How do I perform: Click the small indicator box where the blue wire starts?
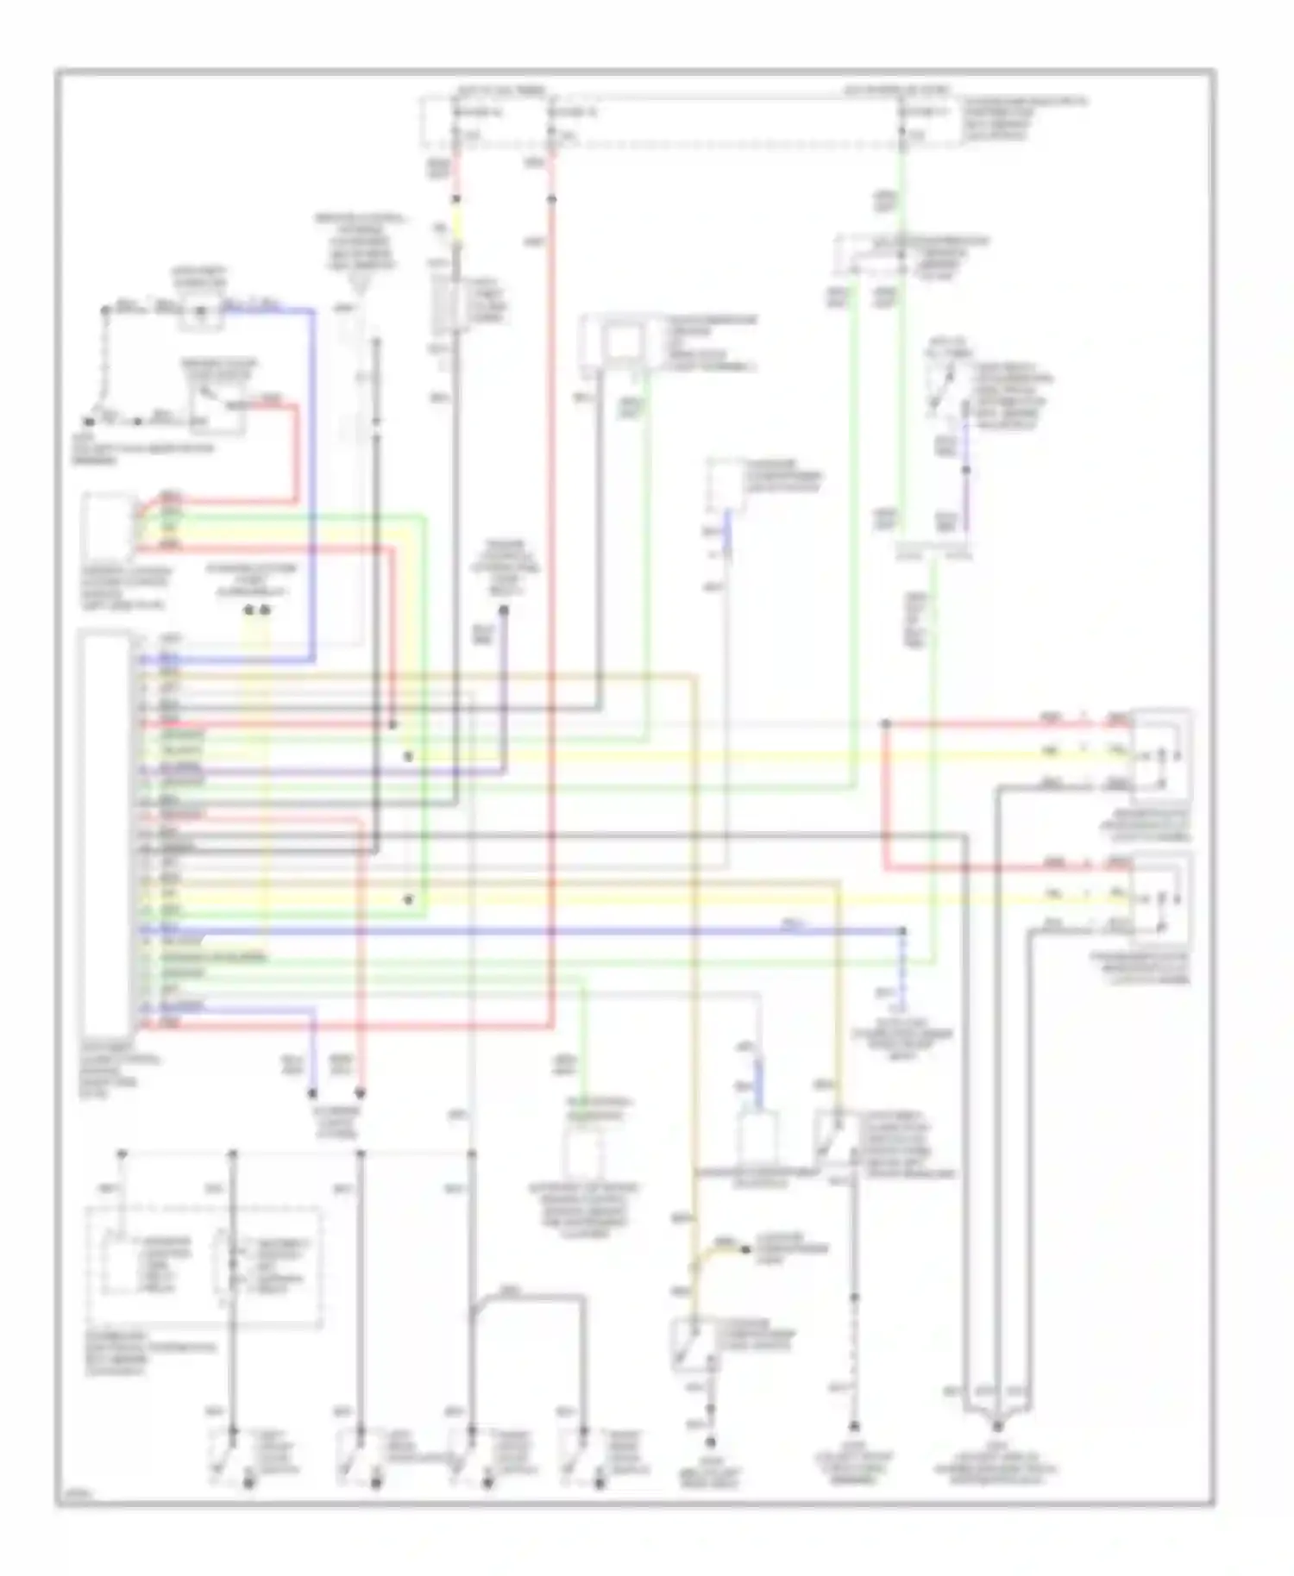[x=201, y=312]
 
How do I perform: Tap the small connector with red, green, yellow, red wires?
[x=108, y=525]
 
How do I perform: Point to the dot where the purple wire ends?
[x=503, y=610]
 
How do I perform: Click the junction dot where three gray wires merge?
[x=996, y=1427]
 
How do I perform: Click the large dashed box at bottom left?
[x=204, y=1267]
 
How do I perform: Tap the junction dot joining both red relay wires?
[x=886, y=724]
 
